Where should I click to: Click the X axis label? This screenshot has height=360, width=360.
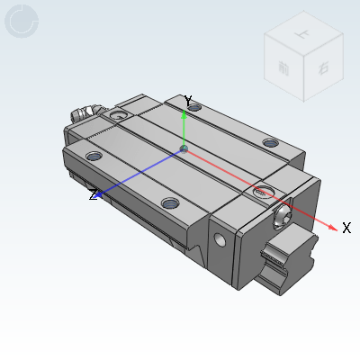346,228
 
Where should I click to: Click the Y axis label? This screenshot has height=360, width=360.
187,100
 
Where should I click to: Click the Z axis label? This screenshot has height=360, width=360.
93,194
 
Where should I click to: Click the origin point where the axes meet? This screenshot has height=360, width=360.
184,148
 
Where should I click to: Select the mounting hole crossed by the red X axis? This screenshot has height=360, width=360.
263,192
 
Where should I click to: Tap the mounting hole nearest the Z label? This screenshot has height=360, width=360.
94,157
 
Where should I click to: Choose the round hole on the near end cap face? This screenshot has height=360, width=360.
221,239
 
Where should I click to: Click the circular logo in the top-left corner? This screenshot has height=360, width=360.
22,21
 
